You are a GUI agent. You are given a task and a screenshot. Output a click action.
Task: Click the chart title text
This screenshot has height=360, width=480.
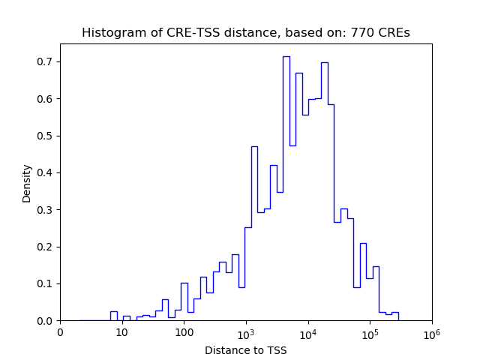point(246,33)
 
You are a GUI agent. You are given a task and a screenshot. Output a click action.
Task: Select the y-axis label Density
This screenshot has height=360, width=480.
point(27,183)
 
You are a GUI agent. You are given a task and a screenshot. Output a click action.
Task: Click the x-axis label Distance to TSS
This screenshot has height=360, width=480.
point(246,349)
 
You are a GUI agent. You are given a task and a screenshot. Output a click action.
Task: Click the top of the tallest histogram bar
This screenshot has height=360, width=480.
point(286,56)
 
